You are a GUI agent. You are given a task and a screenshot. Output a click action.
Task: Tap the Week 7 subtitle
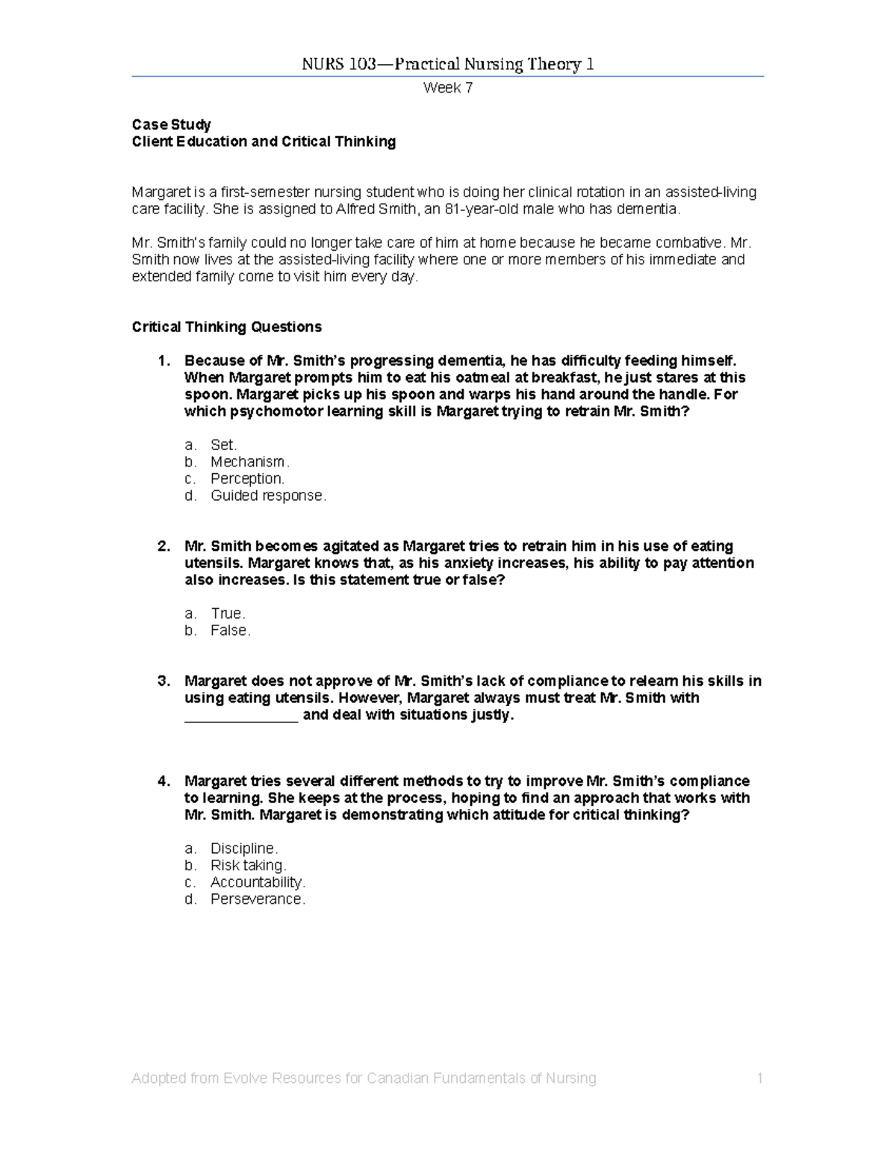click(447, 88)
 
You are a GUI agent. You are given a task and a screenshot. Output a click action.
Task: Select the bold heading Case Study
click(171, 125)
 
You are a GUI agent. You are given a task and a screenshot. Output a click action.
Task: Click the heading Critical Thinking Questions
click(226, 327)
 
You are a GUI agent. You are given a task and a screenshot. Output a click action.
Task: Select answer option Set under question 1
click(223, 445)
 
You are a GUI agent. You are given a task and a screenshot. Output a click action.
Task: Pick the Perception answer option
click(247, 478)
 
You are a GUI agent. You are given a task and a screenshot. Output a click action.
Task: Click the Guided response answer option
click(268, 496)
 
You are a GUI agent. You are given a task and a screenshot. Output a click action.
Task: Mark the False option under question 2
click(230, 631)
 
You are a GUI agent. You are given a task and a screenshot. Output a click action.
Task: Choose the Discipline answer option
click(244, 849)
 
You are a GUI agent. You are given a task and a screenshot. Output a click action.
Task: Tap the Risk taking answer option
click(248, 866)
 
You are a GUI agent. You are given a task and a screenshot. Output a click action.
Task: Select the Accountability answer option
click(258, 882)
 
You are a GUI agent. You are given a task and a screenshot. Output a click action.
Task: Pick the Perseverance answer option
click(258, 899)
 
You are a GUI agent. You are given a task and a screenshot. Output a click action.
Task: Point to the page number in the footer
click(759, 1078)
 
